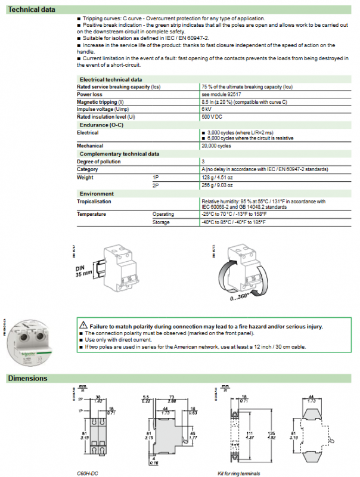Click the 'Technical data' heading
32,10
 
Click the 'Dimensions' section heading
27,378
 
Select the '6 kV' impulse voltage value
206,109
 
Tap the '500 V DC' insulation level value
212,117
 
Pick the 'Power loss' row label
90,94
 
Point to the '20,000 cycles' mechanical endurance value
216,145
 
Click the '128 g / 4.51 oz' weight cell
219,177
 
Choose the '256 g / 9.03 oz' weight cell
219,185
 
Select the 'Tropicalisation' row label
94,202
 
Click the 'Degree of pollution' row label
99,162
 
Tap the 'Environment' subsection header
97,194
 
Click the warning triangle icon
83,326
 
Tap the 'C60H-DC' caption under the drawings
88,473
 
